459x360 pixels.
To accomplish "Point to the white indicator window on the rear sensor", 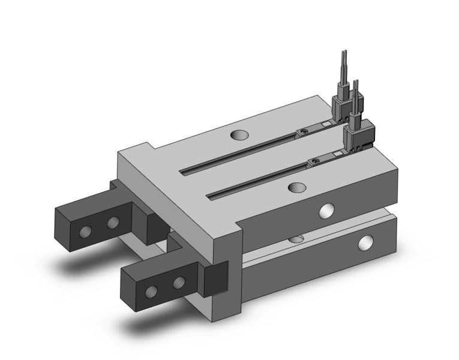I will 325,124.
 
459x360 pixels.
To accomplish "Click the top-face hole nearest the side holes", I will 296,188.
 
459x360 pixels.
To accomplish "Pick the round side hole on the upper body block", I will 326,210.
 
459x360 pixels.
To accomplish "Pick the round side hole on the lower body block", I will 365,243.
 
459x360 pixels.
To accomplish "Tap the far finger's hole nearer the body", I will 112,224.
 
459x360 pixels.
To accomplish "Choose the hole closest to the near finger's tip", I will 152,291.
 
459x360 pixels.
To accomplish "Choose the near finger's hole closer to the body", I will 178,282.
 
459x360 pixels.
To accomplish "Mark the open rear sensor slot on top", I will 240,152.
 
